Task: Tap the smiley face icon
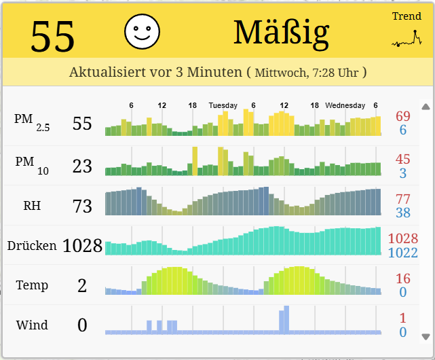tap(142, 31)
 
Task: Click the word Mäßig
tap(281, 32)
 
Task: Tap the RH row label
tap(32, 205)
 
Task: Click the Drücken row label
tap(32, 245)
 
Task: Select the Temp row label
tap(32, 285)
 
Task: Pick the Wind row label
tap(32, 325)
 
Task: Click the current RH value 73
tap(82, 206)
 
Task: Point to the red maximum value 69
tap(403, 116)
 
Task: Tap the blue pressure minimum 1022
tap(403, 253)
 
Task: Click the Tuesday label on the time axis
tap(223, 106)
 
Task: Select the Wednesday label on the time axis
tap(345, 106)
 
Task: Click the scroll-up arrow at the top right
tap(425, 107)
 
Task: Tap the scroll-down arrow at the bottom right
tap(425, 336)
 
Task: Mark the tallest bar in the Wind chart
tap(286, 319)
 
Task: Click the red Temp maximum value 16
tap(403, 278)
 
